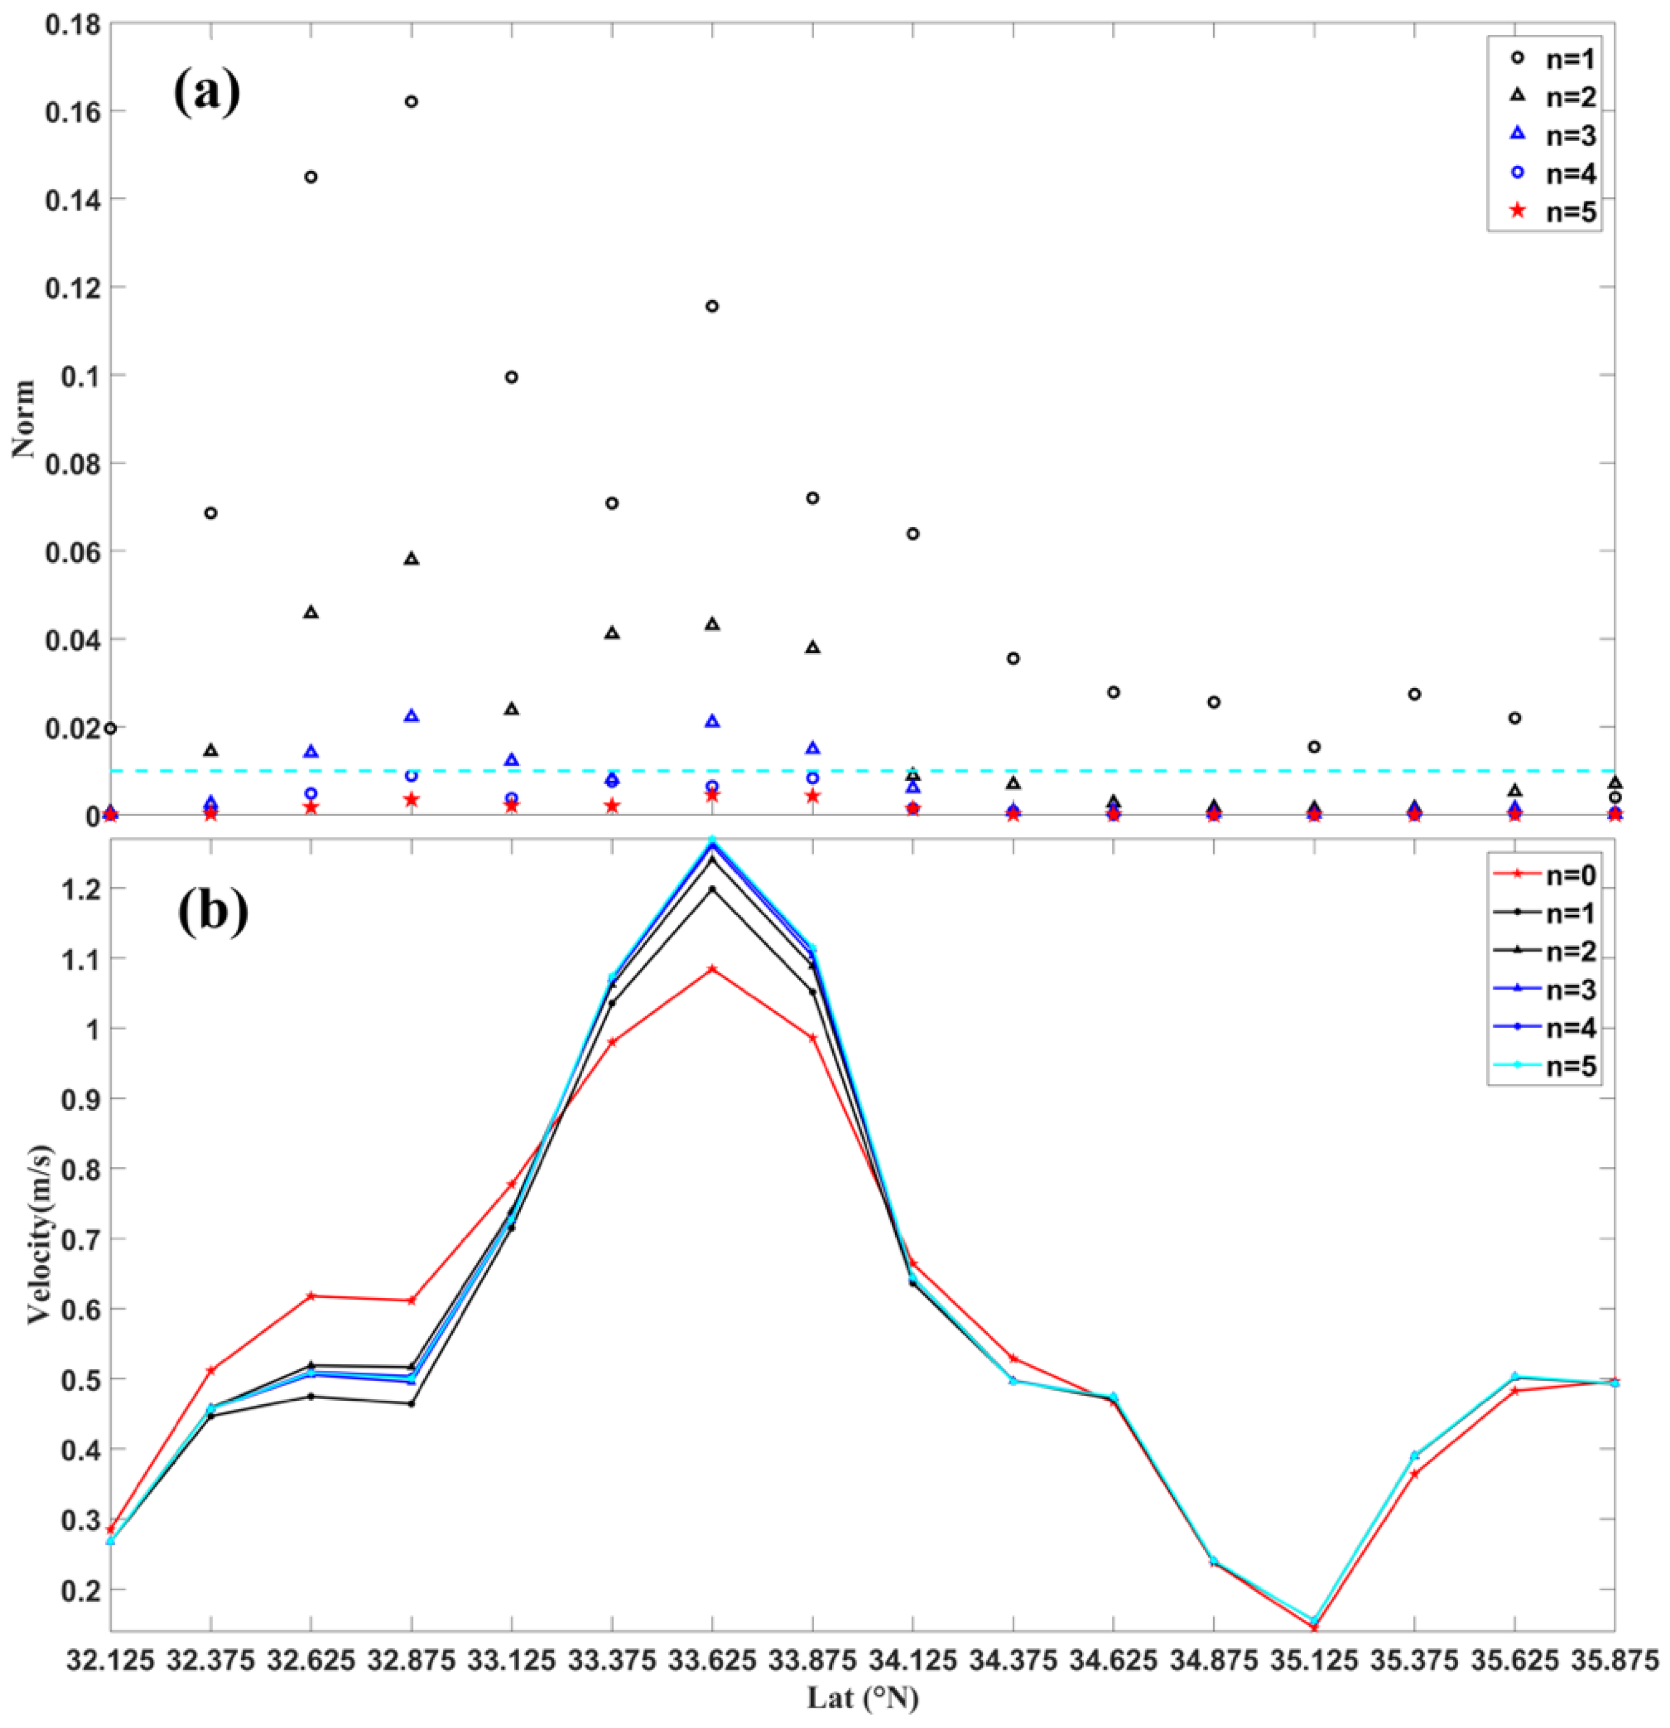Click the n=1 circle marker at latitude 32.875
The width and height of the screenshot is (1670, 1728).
[411, 101]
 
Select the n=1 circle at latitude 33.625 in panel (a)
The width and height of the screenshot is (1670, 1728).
[712, 306]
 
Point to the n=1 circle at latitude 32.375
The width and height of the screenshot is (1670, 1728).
[211, 513]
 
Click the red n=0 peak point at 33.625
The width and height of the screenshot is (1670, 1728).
[712, 969]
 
